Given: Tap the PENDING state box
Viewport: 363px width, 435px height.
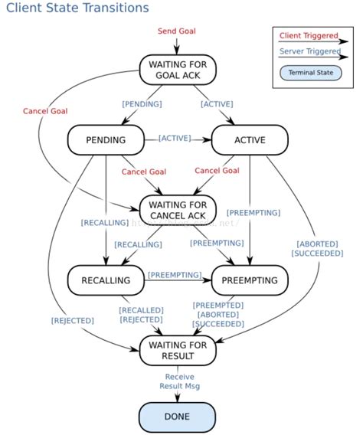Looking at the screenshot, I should point(106,140).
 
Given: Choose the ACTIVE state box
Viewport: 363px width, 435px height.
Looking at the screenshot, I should point(250,140).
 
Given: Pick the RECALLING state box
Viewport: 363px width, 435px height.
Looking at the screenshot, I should point(106,280).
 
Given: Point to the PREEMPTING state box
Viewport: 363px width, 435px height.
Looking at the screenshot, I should point(250,280).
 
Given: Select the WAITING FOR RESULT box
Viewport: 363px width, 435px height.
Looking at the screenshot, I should point(178,350).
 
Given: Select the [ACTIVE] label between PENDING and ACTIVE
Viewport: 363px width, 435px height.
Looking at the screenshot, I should point(175,138).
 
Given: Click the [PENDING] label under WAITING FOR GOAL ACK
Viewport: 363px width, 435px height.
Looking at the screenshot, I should point(142,103).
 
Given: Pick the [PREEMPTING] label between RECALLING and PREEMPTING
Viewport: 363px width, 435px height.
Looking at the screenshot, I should point(175,274).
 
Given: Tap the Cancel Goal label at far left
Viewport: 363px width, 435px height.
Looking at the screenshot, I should point(44,111).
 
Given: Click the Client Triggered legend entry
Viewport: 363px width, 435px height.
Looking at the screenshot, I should point(309,35).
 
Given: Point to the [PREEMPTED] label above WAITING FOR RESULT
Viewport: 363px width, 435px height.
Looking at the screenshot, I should point(218,305).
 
